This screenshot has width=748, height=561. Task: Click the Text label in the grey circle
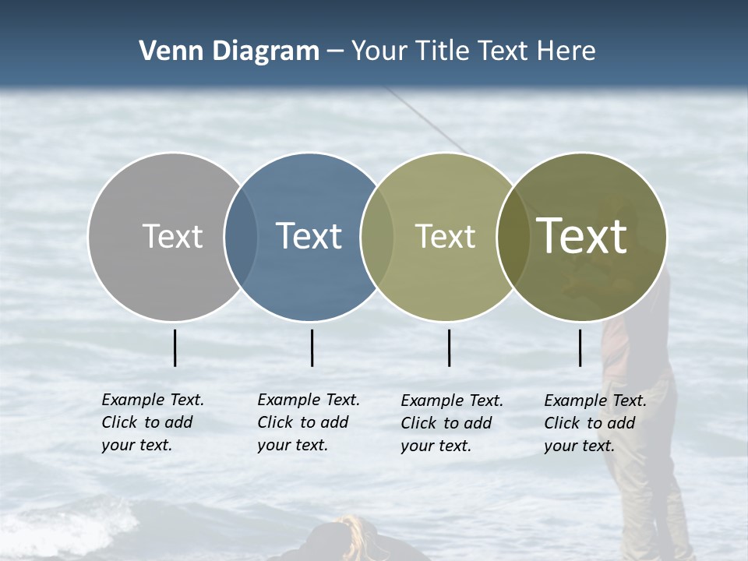pos(172,236)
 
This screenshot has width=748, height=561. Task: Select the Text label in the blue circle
pos(309,236)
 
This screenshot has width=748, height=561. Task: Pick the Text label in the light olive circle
pos(445,236)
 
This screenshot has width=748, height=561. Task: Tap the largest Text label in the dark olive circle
pos(581,236)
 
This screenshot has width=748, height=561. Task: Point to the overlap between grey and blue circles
pos(241,237)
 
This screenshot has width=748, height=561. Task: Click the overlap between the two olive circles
pos(513,237)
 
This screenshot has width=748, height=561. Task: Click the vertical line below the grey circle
pos(175,348)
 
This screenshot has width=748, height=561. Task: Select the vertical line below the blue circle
pos(312,348)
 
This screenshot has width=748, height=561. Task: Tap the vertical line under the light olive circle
pos(449,348)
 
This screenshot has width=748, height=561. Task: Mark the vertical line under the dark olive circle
pos(580,348)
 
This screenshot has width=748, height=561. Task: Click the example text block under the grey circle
pos(152,422)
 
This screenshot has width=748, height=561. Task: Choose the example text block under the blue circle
pos(308,422)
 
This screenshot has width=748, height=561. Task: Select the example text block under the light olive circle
pos(451,423)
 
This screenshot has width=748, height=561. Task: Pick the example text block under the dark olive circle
pos(595,423)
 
